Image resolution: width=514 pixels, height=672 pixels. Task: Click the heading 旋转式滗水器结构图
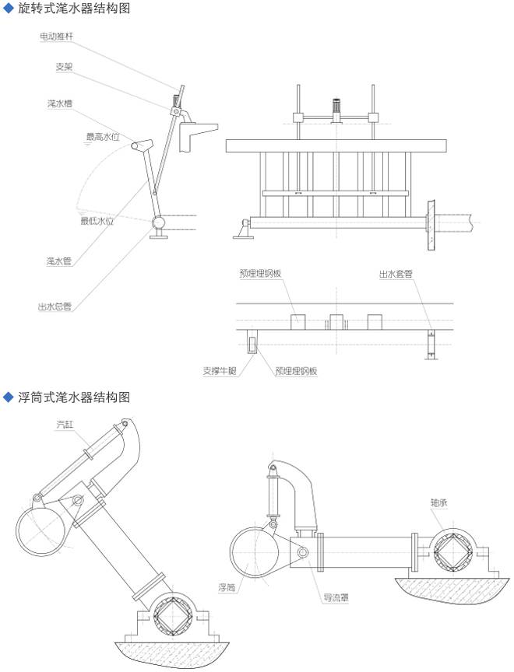(x=73, y=9)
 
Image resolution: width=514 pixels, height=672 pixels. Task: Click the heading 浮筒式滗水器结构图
(x=73, y=397)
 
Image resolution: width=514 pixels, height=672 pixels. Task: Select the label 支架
(x=65, y=68)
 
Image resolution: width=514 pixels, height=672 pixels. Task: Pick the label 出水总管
(x=55, y=306)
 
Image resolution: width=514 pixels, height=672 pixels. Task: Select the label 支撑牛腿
(x=218, y=371)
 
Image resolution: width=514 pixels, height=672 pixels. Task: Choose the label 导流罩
(x=336, y=599)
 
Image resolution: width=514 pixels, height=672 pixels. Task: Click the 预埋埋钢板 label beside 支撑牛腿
(x=296, y=371)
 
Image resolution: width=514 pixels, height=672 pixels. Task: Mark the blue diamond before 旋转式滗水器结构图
(x=9, y=9)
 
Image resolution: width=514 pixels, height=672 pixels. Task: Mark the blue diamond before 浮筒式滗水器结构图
(x=9, y=397)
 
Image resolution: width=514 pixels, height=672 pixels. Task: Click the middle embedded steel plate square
(x=336, y=321)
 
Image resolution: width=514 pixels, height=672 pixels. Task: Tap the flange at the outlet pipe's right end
(x=430, y=223)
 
